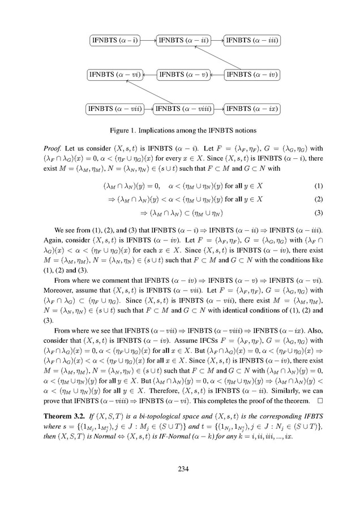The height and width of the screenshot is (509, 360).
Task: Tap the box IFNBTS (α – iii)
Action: pos(252,40)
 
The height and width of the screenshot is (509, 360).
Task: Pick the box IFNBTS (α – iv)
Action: pos(252,74)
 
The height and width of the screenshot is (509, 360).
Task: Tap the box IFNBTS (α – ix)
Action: pos(252,108)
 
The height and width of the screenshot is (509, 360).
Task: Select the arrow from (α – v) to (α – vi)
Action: pos(147,74)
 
